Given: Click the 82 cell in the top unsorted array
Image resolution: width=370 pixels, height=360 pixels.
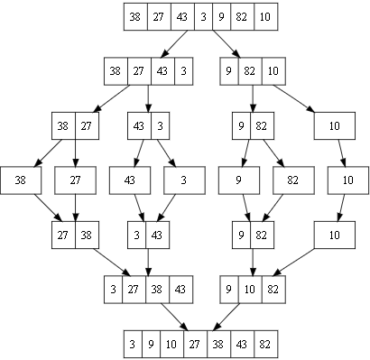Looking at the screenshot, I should click(244, 16).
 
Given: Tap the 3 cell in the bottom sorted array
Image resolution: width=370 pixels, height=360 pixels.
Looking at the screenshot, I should click(133, 345).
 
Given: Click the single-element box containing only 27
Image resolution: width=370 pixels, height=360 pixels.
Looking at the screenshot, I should click(75, 180).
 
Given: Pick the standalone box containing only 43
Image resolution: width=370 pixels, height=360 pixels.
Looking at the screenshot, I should click(130, 180).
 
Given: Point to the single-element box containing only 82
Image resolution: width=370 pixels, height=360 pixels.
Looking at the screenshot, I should click(292, 180).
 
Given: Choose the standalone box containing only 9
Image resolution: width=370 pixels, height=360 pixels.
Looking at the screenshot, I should click(239, 180).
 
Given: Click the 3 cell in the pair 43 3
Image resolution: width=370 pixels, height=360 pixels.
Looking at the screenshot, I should click(159, 125).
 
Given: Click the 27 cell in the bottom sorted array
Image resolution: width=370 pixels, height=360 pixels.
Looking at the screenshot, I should click(193, 345).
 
